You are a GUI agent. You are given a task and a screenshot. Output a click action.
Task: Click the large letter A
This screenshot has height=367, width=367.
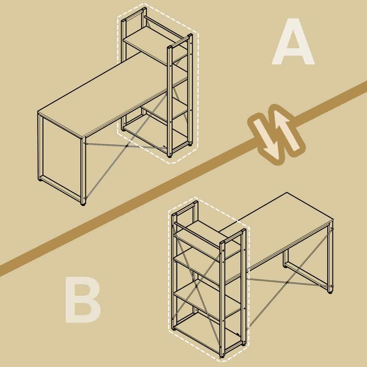[293, 42]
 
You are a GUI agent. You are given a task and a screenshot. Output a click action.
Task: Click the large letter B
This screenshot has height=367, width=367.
[83, 299]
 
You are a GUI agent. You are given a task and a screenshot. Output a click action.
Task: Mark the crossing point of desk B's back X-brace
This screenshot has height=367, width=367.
[287, 282]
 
